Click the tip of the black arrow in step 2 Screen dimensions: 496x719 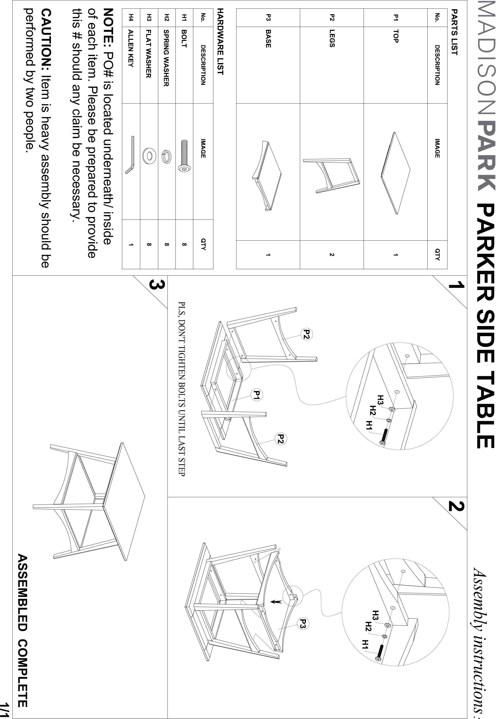[x=271, y=602]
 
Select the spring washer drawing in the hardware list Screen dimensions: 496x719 [x=167, y=156]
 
